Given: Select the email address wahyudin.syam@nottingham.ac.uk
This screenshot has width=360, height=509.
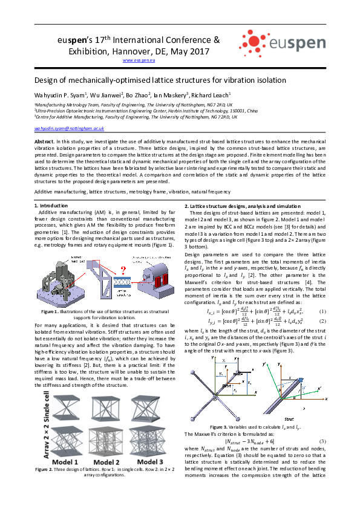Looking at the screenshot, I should click(x=70, y=129).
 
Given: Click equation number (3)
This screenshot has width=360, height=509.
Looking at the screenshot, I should click(x=322, y=441).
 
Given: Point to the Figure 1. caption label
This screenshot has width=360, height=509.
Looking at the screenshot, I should click(x=53, y=311).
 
